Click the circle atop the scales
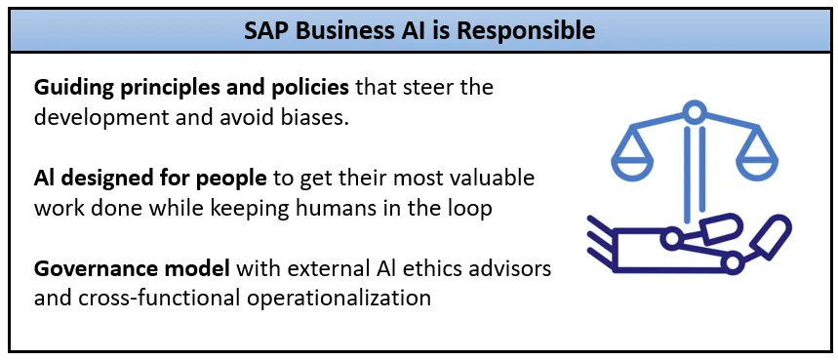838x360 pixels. (694, 111)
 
